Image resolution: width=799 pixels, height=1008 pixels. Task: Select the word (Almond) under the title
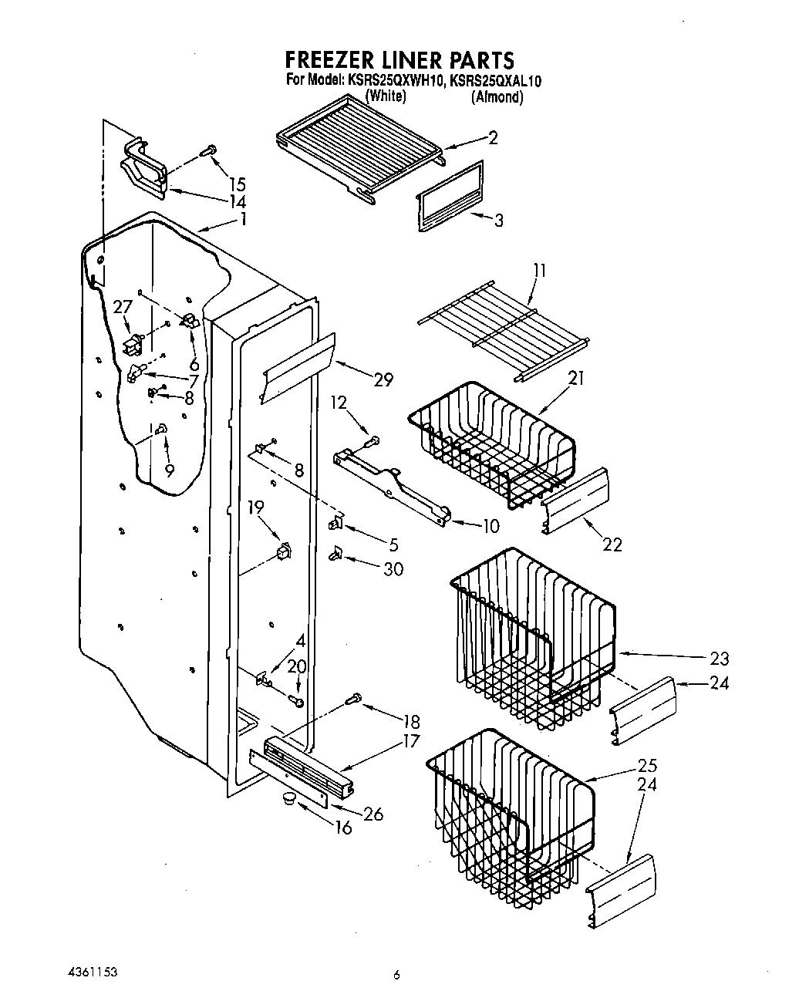tap(497, 97)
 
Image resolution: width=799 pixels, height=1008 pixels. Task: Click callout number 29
tap(383, 379)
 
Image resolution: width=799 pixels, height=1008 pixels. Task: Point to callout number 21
tap(576, 378)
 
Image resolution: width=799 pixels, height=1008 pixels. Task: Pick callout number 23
tap(719, 659)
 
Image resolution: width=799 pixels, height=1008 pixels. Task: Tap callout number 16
tap(343, 828)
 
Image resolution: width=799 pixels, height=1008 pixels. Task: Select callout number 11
tap(539, 270)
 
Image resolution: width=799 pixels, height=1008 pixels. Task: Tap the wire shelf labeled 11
tap(504, 330)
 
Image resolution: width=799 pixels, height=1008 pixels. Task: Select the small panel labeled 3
tap(450, 197)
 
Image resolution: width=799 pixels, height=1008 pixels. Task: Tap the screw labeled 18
tap(355, 699)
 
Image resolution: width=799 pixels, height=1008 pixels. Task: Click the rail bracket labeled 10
tap(393, 485)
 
